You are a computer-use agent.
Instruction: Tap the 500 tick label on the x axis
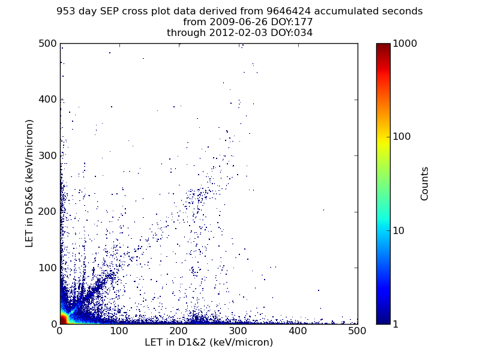(x=358, y=331)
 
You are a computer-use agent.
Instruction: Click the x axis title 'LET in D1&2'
(x=209, y=343)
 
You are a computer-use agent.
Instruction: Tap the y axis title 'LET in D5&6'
(x=29, y=183)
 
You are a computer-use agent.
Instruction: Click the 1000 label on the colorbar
(x=405, y=43)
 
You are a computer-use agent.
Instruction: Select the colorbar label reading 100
(x=402, y=137)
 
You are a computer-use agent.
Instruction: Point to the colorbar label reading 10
(x=400, y=230)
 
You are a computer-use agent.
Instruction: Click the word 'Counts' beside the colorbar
(x=425, y=184)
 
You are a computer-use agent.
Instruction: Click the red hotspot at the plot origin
(x=62, y=320)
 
